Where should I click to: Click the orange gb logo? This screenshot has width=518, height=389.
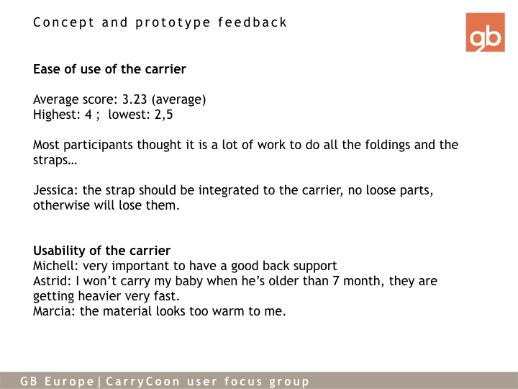pos(486,32)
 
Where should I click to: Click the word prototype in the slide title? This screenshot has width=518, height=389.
pos(173,23)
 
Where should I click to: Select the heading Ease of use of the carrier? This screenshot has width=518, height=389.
pos(109,69)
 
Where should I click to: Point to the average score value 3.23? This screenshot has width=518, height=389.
pos(135,99)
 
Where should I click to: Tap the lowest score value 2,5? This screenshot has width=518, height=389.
pos(163,115)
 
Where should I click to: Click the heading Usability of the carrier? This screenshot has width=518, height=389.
pos(101,251)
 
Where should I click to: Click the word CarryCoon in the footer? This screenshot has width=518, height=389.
pos(143,381)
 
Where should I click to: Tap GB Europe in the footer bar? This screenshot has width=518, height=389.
pos(57,381)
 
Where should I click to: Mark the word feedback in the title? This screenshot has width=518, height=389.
pos(252,22)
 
